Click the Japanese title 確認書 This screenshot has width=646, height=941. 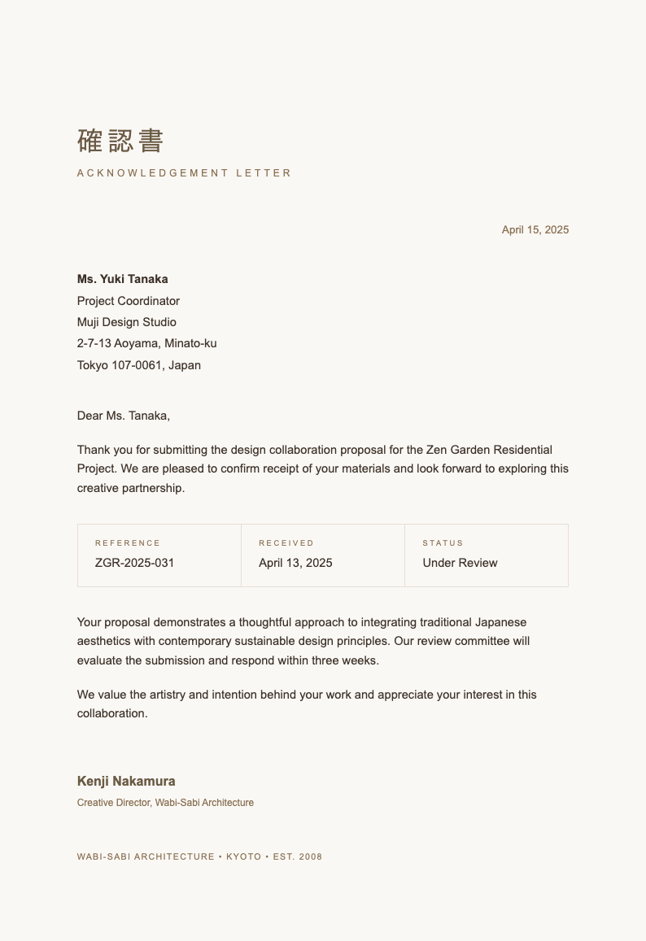(120, 141)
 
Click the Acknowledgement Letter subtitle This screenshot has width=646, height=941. (184, 173)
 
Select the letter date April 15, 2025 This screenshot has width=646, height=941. (535, 230)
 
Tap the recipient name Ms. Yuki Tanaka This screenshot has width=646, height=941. (122, 279)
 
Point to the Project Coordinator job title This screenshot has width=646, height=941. (128, 301)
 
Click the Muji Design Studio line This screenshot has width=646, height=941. (126, 322)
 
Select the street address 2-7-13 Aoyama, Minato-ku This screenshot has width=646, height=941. (146, 343)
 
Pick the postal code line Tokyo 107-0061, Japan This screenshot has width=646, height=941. (138, 365)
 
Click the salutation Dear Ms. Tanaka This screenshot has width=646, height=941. (123, 416)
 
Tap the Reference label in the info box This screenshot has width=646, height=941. (128, 543)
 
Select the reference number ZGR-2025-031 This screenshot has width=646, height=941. (134, 563)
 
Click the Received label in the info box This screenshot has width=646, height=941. (286, 543)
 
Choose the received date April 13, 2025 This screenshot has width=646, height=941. (295, 563)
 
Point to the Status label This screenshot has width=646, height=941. (443, 543)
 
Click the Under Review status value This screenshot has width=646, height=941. (460, 563)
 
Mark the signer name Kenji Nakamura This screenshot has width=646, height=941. (126, 782)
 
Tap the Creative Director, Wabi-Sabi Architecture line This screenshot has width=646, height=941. (165, 803)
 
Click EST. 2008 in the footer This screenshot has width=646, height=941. (298, 856)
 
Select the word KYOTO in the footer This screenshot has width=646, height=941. (244, 856)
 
